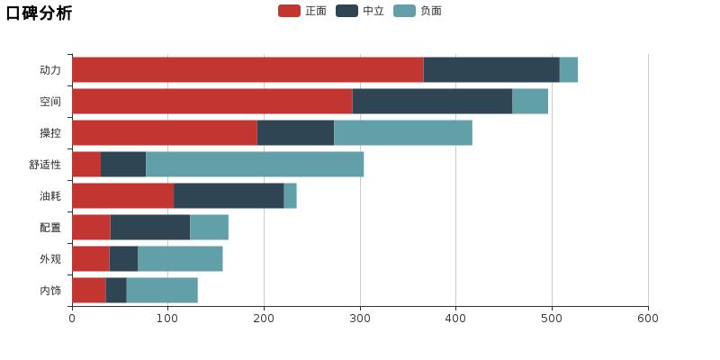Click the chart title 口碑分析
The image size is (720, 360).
[x=39, y=13]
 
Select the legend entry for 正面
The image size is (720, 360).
[x=303, y=11]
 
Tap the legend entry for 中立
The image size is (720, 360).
[x=361, y=11]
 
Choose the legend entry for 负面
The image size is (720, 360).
[x=418, y=11]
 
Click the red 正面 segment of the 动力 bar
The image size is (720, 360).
[x=247, y=70]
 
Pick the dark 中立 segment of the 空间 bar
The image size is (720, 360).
[x=432, y=102]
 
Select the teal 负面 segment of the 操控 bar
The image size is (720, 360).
[x=403, y=133]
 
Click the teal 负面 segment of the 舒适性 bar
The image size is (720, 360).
[x=255, y=165]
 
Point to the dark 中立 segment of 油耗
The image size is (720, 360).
[x=229, y=196]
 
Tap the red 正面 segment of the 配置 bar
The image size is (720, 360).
[x=91, y=228]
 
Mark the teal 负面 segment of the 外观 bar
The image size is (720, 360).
[x=180, y=259]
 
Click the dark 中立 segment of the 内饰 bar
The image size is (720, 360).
[x=116, y=291]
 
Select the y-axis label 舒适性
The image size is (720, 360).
[x=45, y=165]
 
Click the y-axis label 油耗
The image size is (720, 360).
[x=50, y=196]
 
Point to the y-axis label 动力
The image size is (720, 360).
[x=50, y=70]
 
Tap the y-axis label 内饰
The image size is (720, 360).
[x=50, y=291]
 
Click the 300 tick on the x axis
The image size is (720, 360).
[x=360, y=318]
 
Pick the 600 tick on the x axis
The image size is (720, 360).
[x=648, y=318]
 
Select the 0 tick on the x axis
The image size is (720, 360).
[x=72, y=318]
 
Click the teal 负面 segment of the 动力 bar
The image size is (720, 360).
[x=569, y=70]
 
